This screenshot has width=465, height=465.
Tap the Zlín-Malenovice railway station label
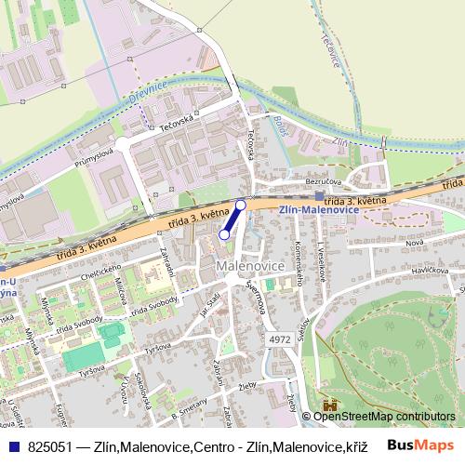[319, 210]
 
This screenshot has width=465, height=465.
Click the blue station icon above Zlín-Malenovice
[320, 196]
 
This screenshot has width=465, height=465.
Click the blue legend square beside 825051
[13, 446]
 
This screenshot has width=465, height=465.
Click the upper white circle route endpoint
[241, 205]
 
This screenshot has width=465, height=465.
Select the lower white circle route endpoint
[223, 235]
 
